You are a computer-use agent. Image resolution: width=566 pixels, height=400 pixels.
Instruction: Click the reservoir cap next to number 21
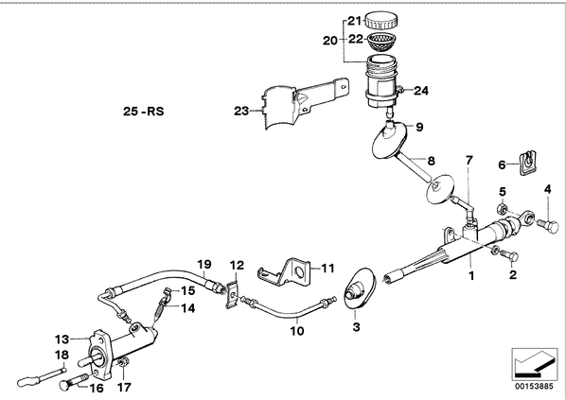(x=381, y=20)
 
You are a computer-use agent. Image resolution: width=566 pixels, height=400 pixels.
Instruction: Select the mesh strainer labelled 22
(x=381, y=41)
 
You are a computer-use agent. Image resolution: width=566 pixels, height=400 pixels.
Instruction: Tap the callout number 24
(x=421, y=91)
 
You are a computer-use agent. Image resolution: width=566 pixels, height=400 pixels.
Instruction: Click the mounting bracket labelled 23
(x=305, y=103)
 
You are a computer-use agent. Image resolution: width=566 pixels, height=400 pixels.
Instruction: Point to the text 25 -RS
(x=143, y=111)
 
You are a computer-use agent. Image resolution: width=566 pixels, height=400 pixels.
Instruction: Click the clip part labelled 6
(x=527, y=164)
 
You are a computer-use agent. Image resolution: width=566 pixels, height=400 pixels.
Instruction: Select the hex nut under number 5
(x=502, y=208)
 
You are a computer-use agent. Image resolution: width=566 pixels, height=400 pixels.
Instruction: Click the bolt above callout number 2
(x=510, y=255)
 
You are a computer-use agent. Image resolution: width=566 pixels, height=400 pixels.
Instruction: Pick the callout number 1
(x=471, y=276)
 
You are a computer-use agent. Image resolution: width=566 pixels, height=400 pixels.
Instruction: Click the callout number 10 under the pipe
(x=297, y=331)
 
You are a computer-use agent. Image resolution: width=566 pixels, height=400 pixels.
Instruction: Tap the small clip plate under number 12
(x=233, y=295)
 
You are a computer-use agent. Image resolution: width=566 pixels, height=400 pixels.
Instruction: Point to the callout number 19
(x=203, y=265)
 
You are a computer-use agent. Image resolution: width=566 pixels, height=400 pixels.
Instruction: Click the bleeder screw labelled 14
(x=160, y=308)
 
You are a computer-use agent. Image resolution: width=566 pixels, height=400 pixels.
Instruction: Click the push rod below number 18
(x=42, y=375)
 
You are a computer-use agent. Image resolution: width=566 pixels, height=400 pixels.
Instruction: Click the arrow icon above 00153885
(x=534, y=364)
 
